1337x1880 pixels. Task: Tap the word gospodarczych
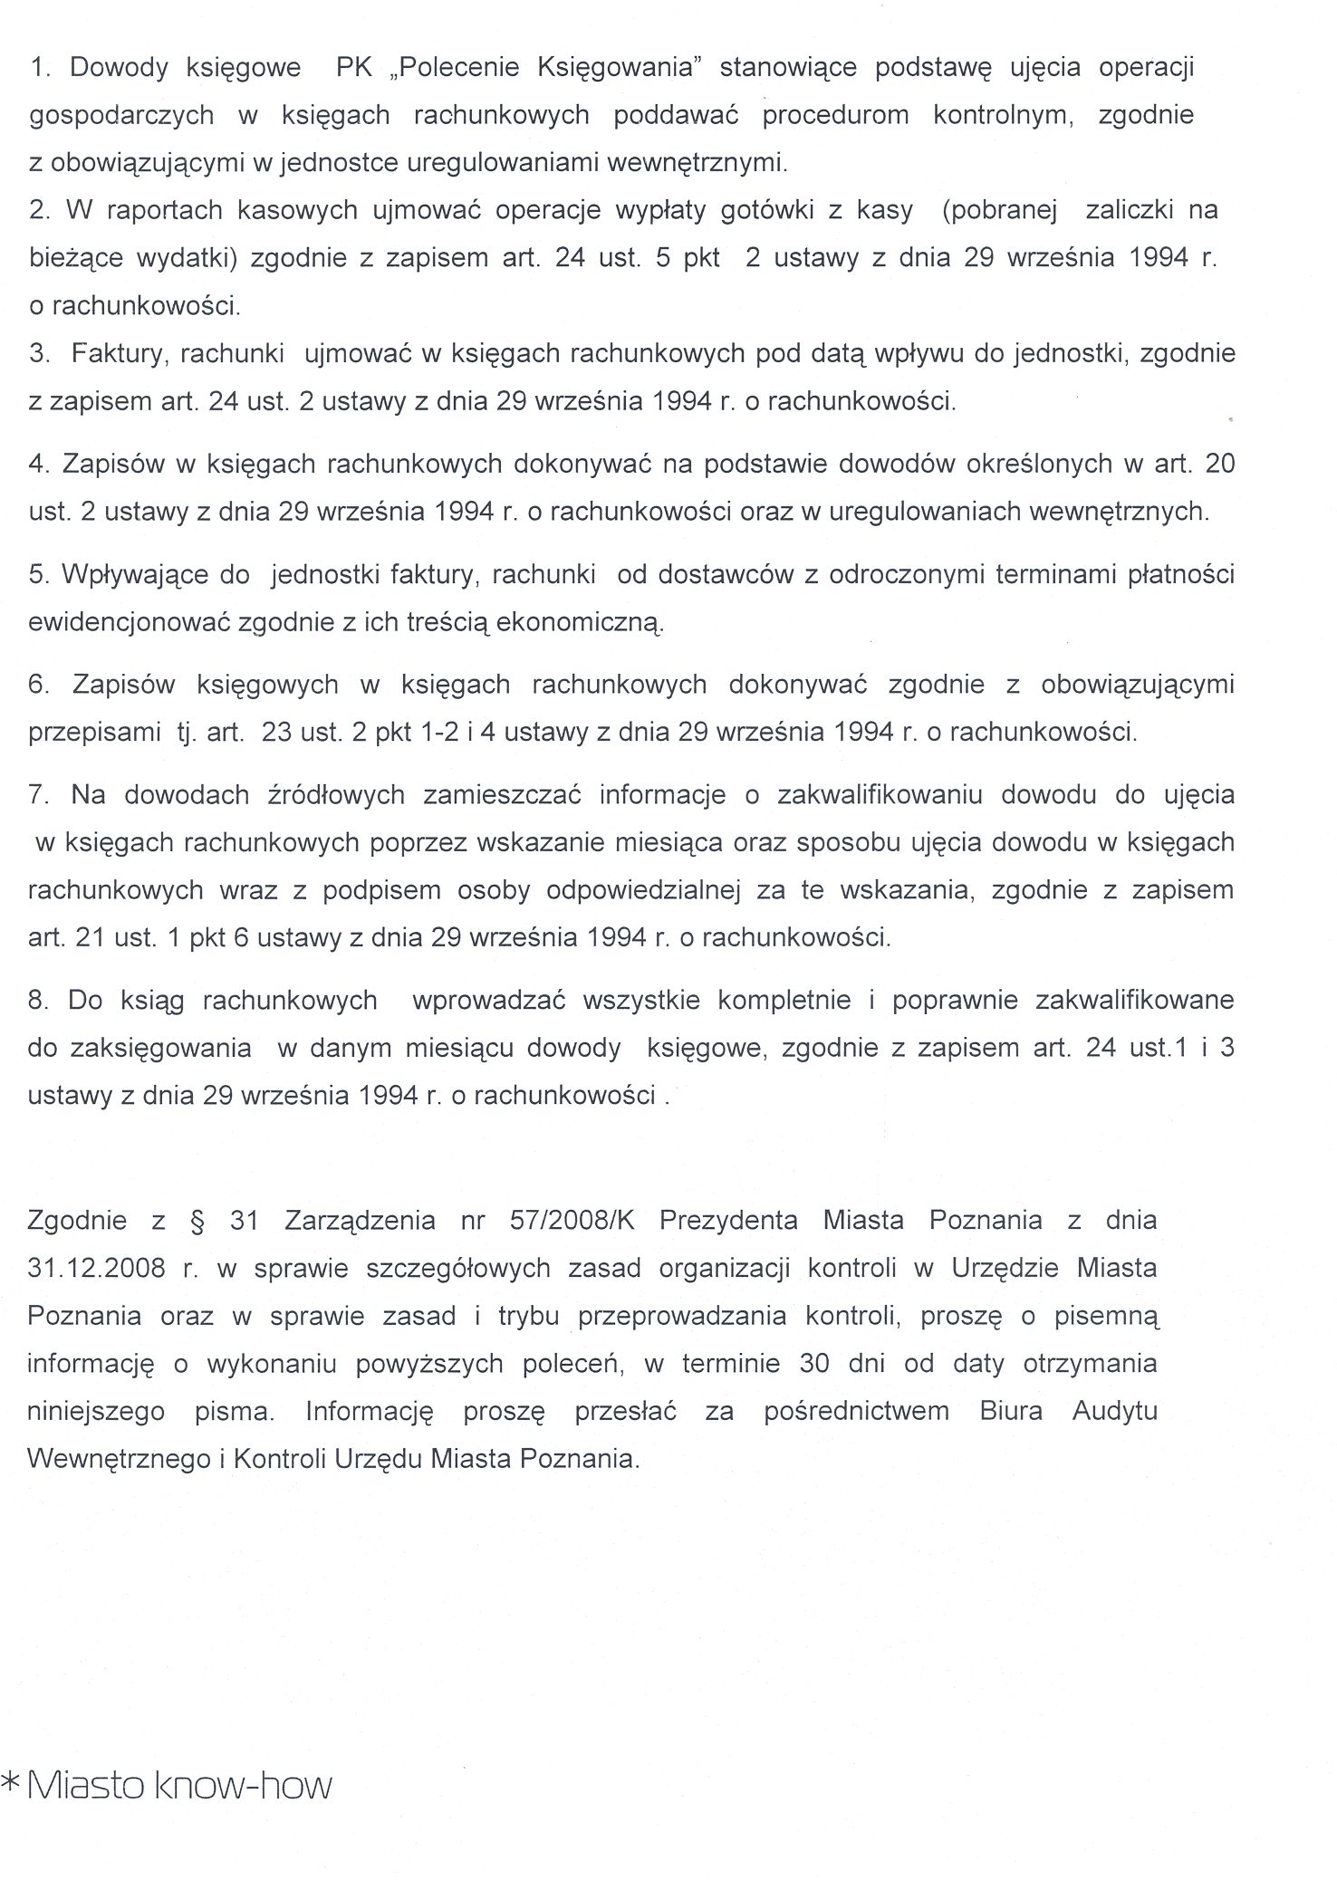[121, 116]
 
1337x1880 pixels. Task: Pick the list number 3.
[38, 353]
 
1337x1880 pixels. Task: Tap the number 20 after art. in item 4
[1220, 464]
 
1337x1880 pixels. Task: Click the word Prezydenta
[728, 1220]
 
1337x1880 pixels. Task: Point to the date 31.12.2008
[96, 1267]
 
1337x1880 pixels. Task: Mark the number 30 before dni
[814, 1363]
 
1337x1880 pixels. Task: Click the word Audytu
[1114, 1411]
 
